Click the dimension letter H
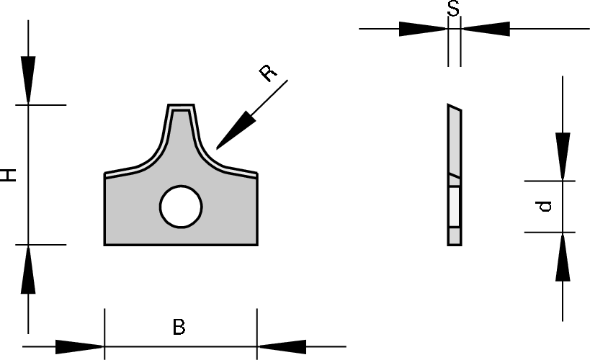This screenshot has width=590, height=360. (x=8, y=175)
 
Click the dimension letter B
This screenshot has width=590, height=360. (x=179, y=327)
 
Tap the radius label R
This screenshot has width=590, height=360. (x=268, y=73)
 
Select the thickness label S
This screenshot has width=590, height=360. (x=453, y=8)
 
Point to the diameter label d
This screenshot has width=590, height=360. (x=543, y=206)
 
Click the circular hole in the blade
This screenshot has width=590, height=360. (x=181, y=206)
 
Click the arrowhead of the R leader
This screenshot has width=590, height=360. (x=236, y=130)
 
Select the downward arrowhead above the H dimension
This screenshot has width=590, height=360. (x=28, y=80)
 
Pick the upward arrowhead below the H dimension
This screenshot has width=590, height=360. (x=28, y=269)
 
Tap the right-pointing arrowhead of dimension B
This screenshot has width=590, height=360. (x=79, y=346)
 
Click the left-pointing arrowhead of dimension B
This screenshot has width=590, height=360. (x=282, y=346)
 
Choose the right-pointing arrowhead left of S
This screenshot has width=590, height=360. (x=423, y=29)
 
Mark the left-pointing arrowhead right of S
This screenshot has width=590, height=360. (x=486, y=29)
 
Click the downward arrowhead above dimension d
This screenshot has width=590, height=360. (x=563, y=156)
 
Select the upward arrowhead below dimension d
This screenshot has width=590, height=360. (x=563, y=257)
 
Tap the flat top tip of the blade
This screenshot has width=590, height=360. (x=181, y=105)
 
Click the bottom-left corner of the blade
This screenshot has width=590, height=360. (x=104, y=245)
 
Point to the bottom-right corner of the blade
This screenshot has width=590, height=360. (x=257, y=245)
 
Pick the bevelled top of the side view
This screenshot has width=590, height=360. (x=455, y=107)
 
